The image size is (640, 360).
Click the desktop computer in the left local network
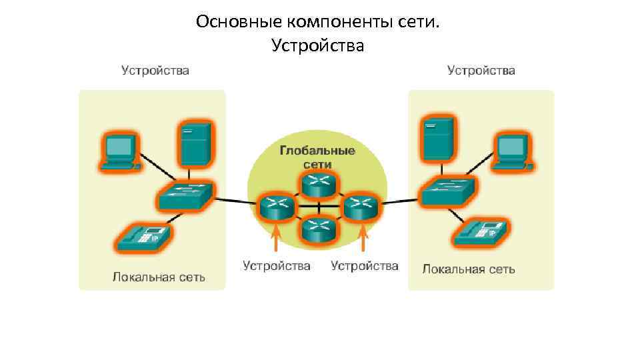[x=120, y=151]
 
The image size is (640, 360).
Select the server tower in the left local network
[x=195, y=142]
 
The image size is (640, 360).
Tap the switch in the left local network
[x=185, y=195]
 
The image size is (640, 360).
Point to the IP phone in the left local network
[x=141, y=237]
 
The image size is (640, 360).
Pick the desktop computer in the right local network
[x=513, y=153]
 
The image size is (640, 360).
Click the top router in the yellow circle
[x=318, y=182]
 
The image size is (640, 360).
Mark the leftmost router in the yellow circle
[x=275, y=206]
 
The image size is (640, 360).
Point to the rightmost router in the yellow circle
[x=361, y=206]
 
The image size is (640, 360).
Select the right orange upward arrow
[x=363, y=239]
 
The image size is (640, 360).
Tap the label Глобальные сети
[x=317, y=157]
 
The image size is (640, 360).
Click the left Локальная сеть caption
[x=159, y=276]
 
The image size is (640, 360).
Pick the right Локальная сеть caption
[x=469, y=269]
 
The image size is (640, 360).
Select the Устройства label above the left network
[x=155, y=70]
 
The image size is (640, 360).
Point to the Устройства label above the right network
[x=481, y=70]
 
